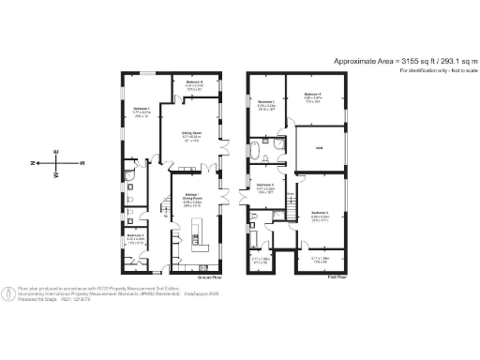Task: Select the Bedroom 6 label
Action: pos(194,82)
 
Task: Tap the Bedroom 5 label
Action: pos(264,186)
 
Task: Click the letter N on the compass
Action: pos(36,162)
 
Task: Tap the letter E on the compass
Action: pos(57,151)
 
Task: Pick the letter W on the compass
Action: pos(57,174)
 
